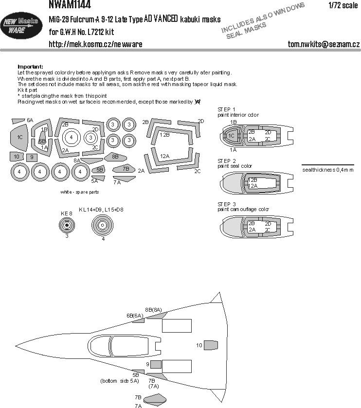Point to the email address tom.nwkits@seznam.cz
click(324, 44)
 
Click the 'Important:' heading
click(30, 67)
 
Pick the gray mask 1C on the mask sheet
click(19, 138)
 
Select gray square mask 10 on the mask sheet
click(16, 157)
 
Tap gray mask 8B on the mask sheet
click(116, 157)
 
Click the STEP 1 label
click(226, 109)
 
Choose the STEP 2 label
click(226, 161)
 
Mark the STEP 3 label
click(226, 204)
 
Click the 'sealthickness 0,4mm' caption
click(327, 170)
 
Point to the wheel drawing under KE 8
click(67, 225)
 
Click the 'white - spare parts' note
click(80, 192)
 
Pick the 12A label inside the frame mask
click(164, 156)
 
